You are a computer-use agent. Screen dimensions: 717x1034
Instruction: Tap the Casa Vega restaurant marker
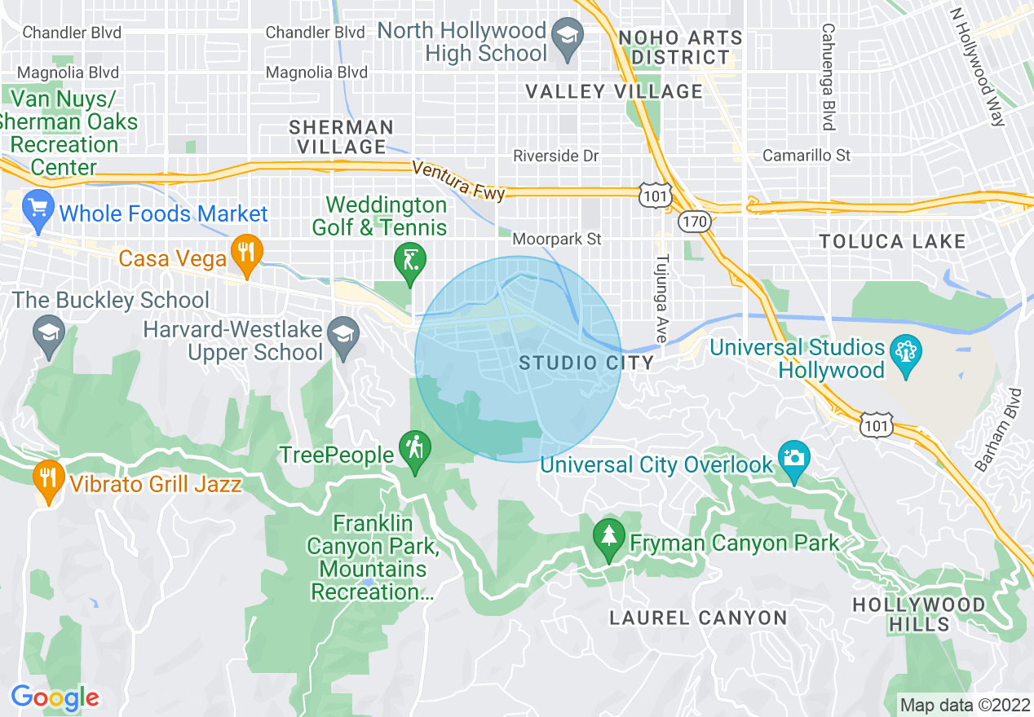(245, 256)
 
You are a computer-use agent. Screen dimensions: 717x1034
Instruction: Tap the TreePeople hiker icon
(416, 451)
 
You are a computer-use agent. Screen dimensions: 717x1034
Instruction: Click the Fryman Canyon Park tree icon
(608, 539)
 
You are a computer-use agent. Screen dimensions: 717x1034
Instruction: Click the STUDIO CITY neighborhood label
(586, 363)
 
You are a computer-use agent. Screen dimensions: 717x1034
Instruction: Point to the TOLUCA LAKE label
(892, 242)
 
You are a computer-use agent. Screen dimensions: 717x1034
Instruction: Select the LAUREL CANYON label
(698, 618)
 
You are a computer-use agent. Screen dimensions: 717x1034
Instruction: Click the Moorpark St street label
(557, 240)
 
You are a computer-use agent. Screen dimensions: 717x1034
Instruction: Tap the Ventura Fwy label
(459, 181)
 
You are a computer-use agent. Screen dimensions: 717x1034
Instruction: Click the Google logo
(55, 698)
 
